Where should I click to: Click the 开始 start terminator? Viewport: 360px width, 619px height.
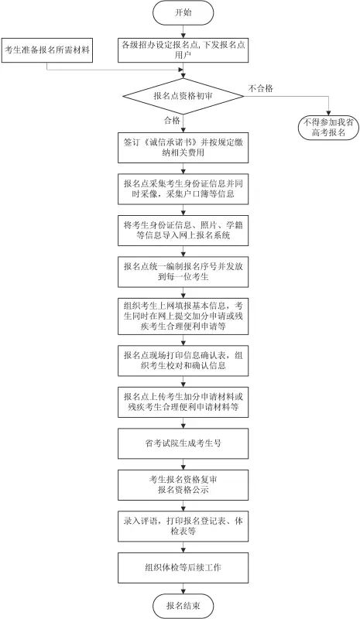[182, 13]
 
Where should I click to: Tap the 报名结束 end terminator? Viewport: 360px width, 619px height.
[182, 604]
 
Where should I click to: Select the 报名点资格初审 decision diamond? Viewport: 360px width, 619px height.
[183, 95]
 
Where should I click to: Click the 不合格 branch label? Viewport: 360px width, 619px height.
[260, 88]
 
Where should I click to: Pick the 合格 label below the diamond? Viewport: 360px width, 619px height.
[171, 121]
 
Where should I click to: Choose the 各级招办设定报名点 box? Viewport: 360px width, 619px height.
[183, 50]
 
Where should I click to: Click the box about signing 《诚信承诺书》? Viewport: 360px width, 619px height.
[183, 149]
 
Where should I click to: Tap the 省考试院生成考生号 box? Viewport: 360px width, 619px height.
[183, 443]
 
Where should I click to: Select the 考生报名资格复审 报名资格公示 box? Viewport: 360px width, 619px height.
[183, 484]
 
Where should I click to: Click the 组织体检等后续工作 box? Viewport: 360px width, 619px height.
[183, 567]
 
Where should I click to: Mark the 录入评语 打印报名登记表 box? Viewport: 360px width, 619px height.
[183, 526]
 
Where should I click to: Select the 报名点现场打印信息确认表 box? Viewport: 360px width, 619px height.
[183, 360]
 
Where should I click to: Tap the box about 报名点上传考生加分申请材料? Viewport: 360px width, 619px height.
[183, 401]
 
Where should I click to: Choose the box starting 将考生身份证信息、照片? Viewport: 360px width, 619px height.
[183, 230]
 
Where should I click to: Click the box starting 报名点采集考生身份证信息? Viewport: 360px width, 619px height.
[183, 190]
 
